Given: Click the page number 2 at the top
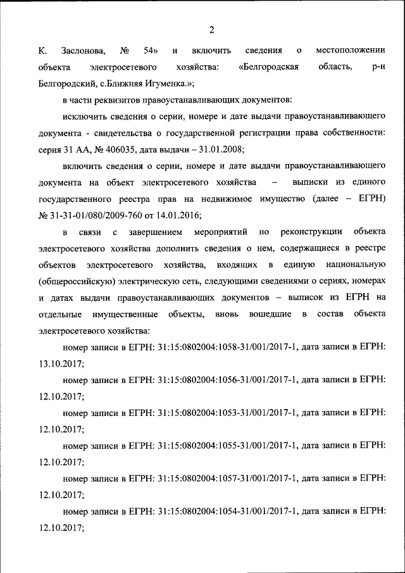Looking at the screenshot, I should [211, 29].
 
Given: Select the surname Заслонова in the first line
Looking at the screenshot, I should [82, 50].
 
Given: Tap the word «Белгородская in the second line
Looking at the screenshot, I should [269, 66].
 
